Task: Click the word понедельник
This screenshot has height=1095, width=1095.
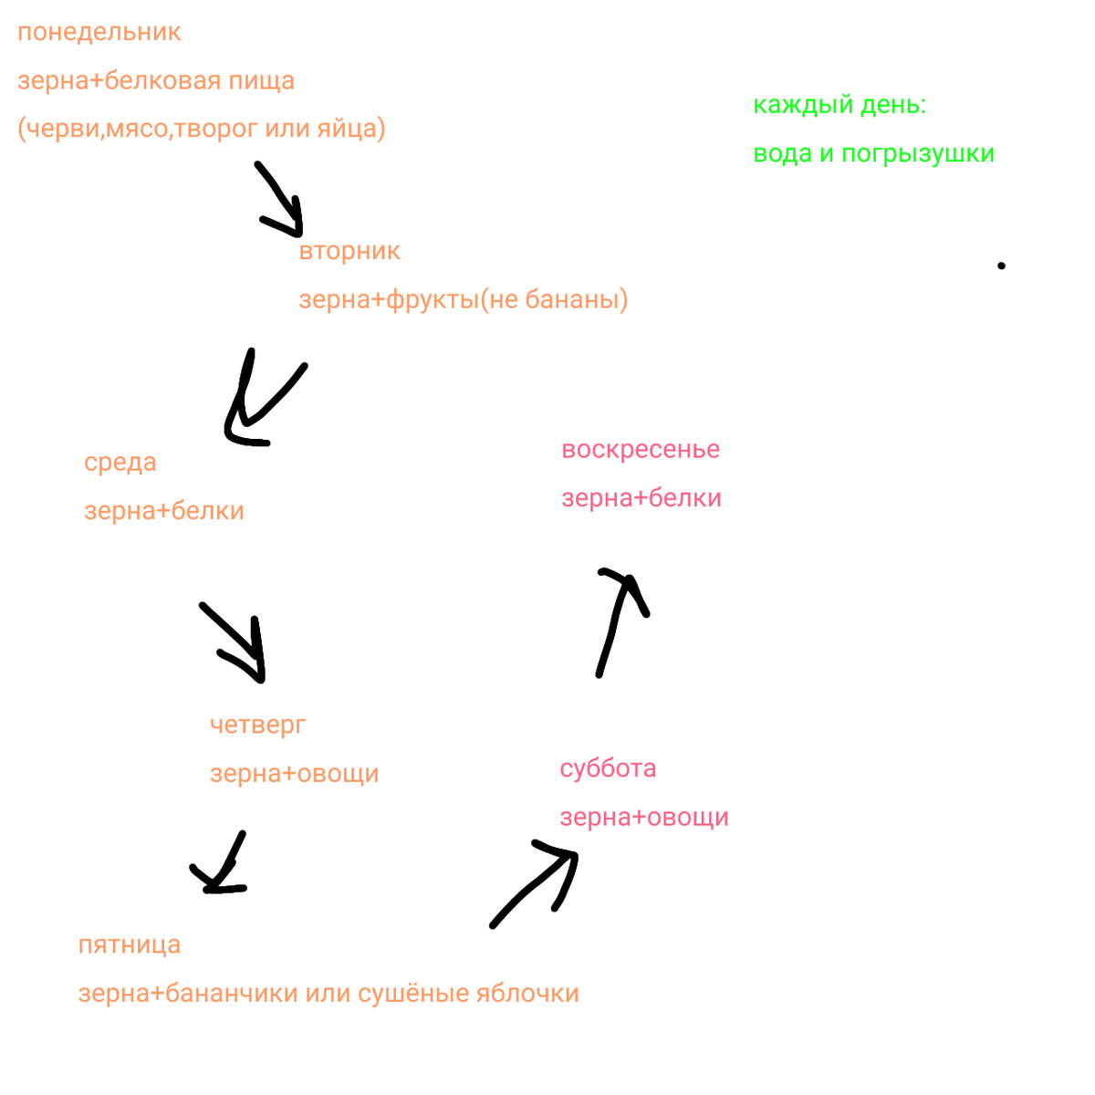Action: click(99, 33)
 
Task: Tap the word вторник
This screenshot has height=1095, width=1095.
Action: click(349, 252)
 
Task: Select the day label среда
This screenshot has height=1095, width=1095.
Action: click(120, 463)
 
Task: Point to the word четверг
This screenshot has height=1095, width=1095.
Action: click(258, 725)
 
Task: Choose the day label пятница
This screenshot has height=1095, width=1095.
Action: click(130, 945)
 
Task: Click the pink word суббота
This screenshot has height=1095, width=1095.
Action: click(608, 768)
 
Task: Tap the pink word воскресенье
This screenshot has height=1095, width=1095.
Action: click(641, 450)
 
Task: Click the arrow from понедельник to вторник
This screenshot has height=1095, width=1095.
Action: click(279, 198)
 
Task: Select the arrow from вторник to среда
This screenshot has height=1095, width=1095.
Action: click(260, 401)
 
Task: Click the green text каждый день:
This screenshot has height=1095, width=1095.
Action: click(839, 106)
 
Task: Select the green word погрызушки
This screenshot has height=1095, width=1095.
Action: click(918, 154)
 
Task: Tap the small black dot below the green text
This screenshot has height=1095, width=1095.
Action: click(1001, 266)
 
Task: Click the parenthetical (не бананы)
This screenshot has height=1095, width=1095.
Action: click(554, 300)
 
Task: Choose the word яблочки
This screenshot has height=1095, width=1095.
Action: click(528, 994)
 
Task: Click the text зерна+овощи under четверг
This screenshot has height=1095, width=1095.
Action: click(294, 775)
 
